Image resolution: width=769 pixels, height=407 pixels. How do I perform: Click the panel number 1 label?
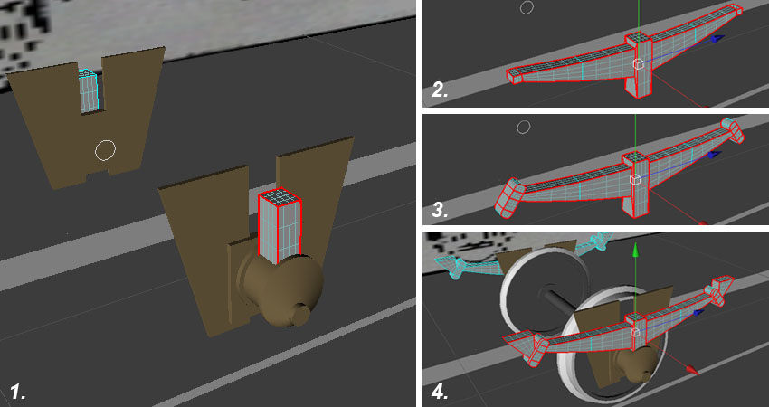coord(18,393)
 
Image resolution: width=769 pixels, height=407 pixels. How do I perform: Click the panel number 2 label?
coord(440,90)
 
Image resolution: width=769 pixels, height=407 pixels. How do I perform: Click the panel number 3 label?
coord(440,210)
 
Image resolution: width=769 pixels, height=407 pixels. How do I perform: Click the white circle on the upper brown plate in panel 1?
coord(106,150)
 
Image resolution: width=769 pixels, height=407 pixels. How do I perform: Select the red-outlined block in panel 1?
coord(280,226)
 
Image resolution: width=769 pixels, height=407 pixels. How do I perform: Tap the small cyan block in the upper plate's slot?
coord(89,90)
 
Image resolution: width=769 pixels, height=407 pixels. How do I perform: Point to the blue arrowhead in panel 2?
coord(717,39)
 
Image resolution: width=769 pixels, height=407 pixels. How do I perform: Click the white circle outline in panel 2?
coord(527,7)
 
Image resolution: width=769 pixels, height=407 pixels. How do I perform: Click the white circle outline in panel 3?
coord(524,127)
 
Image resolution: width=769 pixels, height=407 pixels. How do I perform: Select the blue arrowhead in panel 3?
coord(715,154)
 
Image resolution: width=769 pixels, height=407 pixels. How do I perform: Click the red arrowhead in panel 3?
coord(703,223)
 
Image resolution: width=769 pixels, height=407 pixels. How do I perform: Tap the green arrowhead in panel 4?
coord(635,249)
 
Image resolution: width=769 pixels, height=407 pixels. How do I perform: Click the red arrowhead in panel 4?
coord(691,370)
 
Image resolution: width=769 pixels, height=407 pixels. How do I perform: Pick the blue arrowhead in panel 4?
coord(701,312)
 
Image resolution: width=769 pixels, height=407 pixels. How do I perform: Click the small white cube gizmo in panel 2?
coord(638,63)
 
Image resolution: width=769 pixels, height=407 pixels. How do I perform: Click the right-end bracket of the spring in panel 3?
coord(732,130)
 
